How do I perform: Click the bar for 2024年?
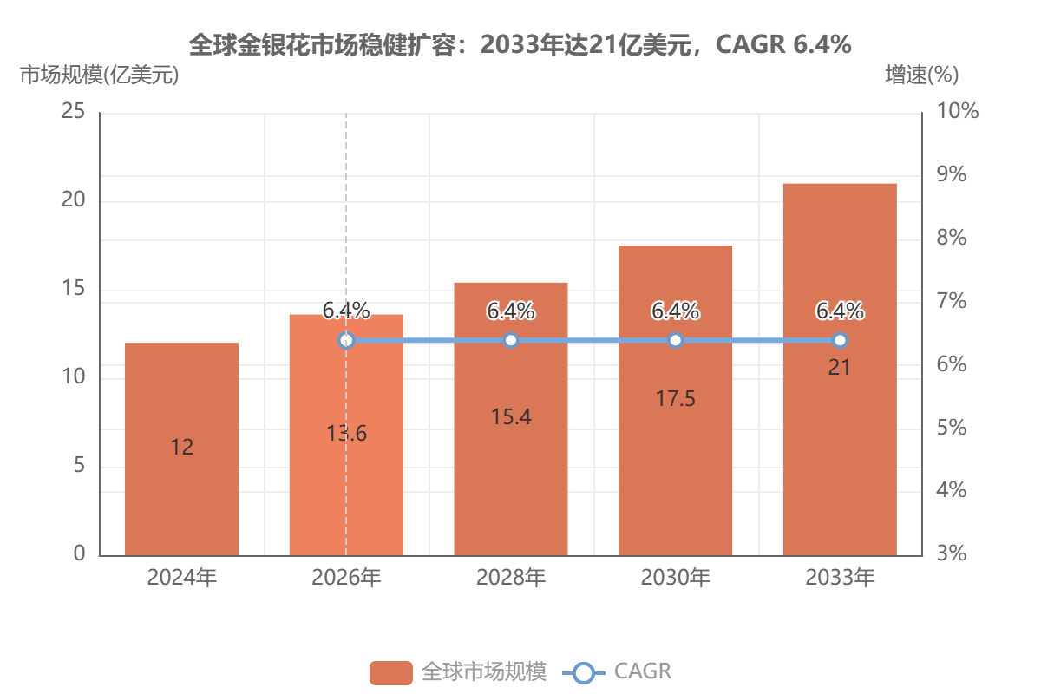point(181,449)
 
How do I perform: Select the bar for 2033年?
point(840,370)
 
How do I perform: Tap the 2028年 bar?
point(511,419)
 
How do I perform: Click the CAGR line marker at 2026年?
point(346,340)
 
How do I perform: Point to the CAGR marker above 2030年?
point(675,340)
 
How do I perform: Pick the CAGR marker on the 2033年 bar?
point(840,340)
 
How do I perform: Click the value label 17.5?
point(675,399)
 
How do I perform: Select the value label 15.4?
point(511,417)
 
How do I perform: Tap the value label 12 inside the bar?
point(181,447)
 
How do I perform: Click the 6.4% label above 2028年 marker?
point(511,311)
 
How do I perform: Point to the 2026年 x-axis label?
point(346,578)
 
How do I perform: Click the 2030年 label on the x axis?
point(675,578)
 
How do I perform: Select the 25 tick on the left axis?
point(74,111)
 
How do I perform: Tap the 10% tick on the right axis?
point(958,111)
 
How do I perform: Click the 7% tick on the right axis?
point(952,301)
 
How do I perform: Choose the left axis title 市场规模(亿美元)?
point(99,75)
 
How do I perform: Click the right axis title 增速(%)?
point(922,75)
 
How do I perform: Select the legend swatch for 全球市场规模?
point(391,672)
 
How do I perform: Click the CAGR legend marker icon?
point(583,672)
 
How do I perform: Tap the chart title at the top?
point(520,44)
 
